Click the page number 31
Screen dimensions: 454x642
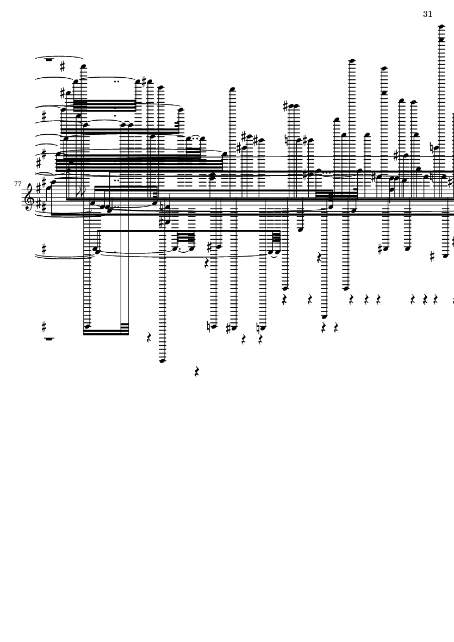427,14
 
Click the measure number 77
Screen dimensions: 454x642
17,184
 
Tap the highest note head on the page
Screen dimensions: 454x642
441,27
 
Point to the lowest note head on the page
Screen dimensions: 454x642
162,361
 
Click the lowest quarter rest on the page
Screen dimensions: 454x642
196,372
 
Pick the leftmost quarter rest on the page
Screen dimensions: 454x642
149,338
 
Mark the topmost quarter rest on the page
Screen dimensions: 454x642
207,263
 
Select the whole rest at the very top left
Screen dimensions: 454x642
49,60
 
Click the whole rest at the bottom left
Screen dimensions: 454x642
49,339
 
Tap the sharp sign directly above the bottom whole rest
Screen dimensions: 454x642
44,327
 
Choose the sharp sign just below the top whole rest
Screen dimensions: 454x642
62,66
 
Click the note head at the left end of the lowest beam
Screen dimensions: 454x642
87,326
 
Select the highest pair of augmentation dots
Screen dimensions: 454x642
117,82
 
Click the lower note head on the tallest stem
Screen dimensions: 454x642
441,40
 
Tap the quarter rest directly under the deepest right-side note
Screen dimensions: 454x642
324,328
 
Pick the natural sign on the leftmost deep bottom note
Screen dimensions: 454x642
209,327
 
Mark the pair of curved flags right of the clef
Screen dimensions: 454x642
80,191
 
